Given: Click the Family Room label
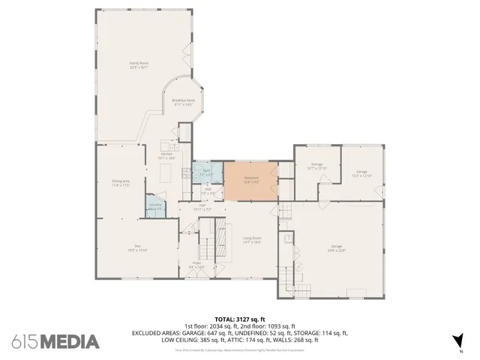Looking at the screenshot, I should coord(139,65).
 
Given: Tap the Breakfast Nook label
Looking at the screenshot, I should coord(183,102).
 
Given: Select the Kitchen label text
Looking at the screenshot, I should coord(166,157).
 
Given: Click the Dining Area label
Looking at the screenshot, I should coord(121,182).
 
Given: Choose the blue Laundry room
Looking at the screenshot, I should coord(154,206).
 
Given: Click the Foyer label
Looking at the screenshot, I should coord(196,265).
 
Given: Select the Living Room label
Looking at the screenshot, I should coord(251,240).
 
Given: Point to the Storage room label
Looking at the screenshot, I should coord(316,166).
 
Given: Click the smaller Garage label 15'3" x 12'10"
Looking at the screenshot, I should coord(361,173).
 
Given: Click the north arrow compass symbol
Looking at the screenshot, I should coord(459,340).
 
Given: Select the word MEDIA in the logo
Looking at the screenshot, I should coord(70,341).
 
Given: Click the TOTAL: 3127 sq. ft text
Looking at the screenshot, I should coord(239,319).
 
